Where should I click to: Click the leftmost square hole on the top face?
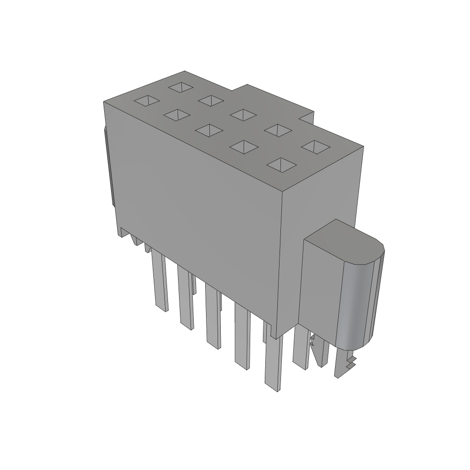point(146,101)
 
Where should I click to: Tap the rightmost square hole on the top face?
point(315,147)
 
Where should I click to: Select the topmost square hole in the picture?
point(181,86)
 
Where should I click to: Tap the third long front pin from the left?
point(213,317)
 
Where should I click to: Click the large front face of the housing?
point(197,202)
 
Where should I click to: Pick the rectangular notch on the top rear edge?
point(307,117)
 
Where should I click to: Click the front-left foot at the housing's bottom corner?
point(122,232)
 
